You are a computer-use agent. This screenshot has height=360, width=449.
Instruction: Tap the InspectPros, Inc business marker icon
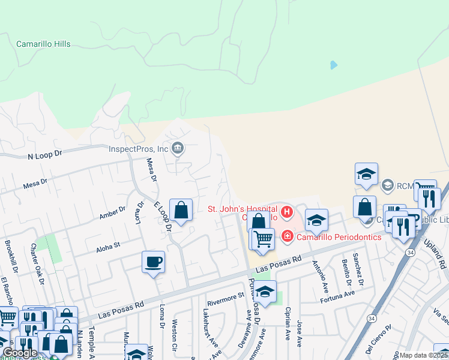point(178,148)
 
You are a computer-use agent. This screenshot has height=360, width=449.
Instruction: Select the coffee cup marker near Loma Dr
point(153,262)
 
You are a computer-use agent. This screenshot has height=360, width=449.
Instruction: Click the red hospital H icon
point(287,211)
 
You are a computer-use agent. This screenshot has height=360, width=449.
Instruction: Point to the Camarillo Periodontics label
point(338,237)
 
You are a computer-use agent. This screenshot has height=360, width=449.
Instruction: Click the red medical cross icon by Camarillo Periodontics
point(287,236)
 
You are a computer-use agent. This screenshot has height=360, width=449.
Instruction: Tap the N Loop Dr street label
point(45,154)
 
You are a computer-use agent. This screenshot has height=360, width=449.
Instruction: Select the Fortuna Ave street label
point(337,292)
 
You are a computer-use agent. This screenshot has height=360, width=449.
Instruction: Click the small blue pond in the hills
point(333,64)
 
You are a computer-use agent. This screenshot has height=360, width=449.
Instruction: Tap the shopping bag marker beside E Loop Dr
point(181,210)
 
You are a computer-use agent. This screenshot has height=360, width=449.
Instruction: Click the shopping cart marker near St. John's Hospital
point(262,239)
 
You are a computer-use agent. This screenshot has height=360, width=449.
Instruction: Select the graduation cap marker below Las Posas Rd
point(264,292)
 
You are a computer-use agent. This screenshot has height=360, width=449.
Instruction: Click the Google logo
point(20,353)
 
